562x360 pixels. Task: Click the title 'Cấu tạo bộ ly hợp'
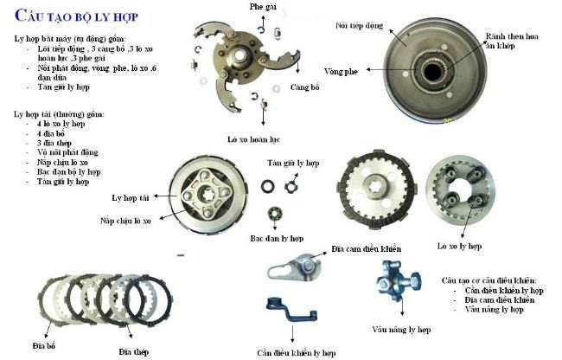77,16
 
